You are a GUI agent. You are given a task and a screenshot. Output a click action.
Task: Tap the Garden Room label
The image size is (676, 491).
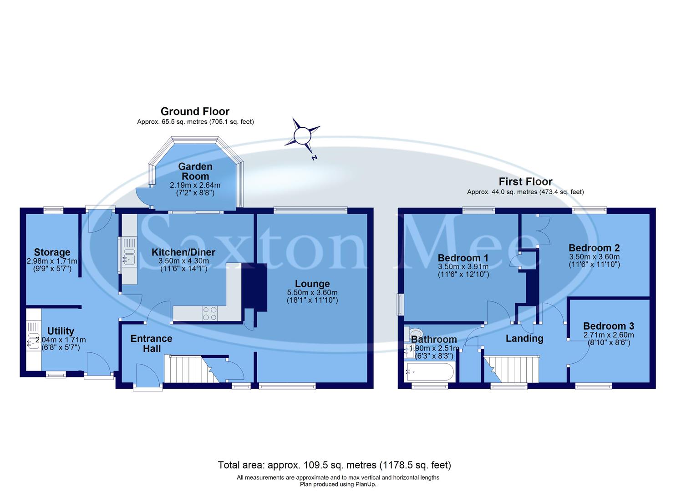(195, 171)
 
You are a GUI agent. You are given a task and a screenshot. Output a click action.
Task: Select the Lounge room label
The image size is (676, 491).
(312, 284)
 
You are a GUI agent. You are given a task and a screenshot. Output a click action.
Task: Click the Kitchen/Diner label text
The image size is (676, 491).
(183, 252)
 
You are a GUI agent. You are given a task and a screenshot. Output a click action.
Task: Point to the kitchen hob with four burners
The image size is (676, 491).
(209, 313)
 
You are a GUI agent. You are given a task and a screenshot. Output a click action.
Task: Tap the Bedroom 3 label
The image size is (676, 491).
(608, 326)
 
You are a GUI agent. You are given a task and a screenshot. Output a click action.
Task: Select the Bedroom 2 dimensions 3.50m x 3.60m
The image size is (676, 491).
(594, 256)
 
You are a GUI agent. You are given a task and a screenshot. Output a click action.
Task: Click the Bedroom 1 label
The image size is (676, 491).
(463, 258)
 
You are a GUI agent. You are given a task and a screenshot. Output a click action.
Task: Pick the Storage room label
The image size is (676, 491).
(52, 252)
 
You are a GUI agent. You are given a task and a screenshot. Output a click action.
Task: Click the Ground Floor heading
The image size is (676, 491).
(195, 111)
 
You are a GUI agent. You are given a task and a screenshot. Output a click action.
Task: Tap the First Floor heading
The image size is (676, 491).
(525, 181)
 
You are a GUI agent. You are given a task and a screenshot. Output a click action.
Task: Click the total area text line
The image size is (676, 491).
(334, 465)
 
